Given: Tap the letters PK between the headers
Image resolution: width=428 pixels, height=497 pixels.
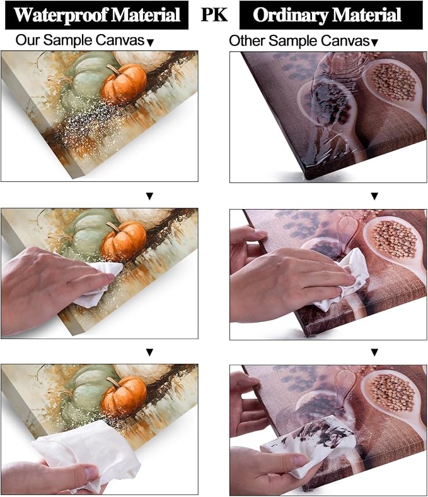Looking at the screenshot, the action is coord(214,15).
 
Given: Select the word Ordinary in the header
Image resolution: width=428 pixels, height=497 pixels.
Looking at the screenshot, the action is coord(291,15).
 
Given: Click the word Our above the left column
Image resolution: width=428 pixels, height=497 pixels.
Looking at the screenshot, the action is coord(28,40).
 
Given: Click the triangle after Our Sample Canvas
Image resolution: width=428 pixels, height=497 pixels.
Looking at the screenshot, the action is coord(151,42).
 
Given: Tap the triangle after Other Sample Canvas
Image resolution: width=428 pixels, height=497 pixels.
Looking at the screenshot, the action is coord(374,42).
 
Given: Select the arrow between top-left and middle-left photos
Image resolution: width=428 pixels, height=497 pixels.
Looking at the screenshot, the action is coord(149,196).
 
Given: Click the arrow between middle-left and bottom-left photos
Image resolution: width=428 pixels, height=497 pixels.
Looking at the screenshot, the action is coord(149,352).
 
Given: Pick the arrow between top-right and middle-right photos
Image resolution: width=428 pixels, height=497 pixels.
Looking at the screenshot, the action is coord(374,196).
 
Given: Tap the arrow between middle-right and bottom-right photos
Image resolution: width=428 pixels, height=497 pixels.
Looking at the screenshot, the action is coord(374,352).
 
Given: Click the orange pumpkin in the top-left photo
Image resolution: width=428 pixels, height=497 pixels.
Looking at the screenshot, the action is coord(124,84).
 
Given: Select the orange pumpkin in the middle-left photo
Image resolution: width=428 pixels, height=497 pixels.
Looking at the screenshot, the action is coord(124,241).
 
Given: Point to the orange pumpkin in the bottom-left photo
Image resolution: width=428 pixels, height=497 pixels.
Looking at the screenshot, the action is coord(124,397).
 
